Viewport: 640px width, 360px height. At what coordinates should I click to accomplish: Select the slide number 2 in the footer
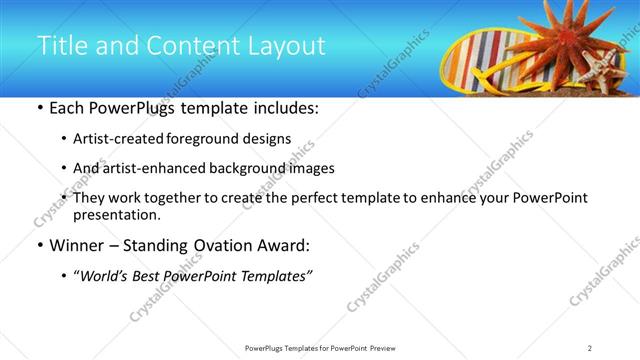coord(590,348)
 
